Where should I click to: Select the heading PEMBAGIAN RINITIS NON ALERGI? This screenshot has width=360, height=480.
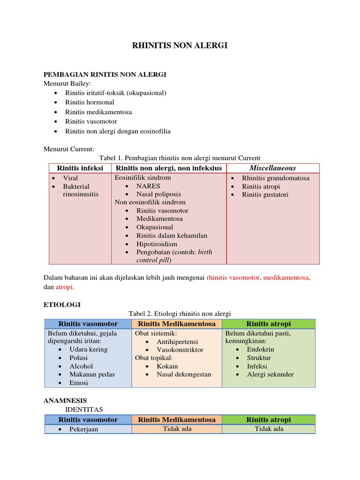coord(105,75)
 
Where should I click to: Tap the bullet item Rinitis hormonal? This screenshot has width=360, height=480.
coord(90,102)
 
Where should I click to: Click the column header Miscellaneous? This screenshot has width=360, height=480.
coord(272,168)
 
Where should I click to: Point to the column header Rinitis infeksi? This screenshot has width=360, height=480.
coord(80,168)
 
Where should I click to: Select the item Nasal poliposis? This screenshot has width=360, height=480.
coord(158,194)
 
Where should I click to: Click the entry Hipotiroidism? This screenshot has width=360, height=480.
coord(157,244)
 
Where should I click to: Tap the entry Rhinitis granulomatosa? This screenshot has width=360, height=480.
coord(276,178)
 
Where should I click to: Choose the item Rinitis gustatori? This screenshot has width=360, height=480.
coord(265,195)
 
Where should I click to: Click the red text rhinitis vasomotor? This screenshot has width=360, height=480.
coord(233,277)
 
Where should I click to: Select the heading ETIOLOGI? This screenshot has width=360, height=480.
coord(62,305)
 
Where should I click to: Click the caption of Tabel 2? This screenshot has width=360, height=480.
coord(180,314)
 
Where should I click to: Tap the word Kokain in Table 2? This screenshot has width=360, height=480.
coord(167,366)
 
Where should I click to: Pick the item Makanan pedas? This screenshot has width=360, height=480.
coord(92,374)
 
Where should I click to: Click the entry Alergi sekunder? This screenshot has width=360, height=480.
coord(270,374)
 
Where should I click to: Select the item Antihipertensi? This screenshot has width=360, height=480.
coord(177,342)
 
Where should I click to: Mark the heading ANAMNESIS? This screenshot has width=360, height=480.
coord(65,401)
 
